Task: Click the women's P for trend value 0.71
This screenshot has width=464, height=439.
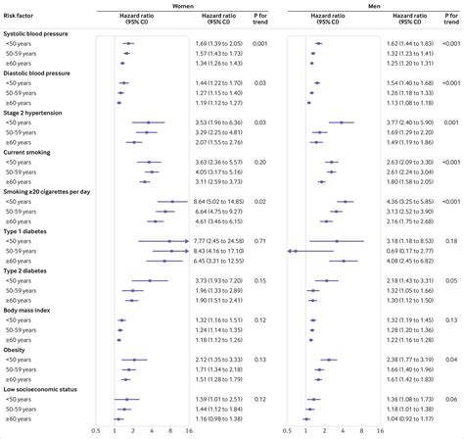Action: tap(260, 240)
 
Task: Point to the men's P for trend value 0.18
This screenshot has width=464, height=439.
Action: tap(451, 240)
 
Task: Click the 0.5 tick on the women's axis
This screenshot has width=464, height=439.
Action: tap(95, 430)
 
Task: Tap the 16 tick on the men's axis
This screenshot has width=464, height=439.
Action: tap(379, 430)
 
